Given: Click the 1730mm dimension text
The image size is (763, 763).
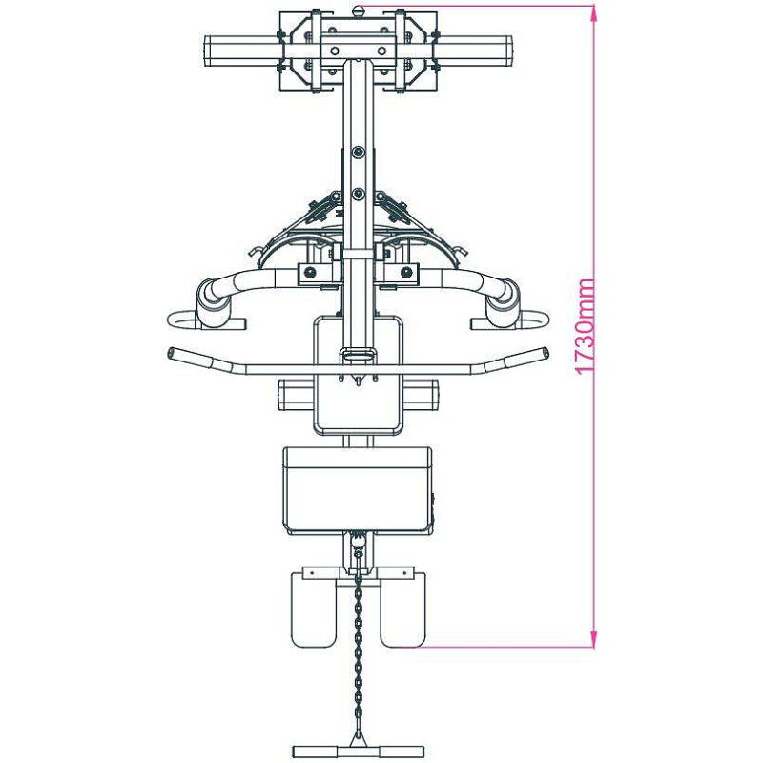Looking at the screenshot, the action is tap(585, 326).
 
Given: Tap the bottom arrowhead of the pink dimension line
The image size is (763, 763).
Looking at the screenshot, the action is tap(593, 639).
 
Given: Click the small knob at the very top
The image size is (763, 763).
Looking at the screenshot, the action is tap(359, 10).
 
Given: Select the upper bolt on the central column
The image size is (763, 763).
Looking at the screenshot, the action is tap(359, 153).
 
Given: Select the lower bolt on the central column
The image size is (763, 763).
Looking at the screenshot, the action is tap(359, 195).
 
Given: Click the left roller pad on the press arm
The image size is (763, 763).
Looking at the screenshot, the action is tap(213, 302).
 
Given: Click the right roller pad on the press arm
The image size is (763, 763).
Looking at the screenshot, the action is tap(504, 301).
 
